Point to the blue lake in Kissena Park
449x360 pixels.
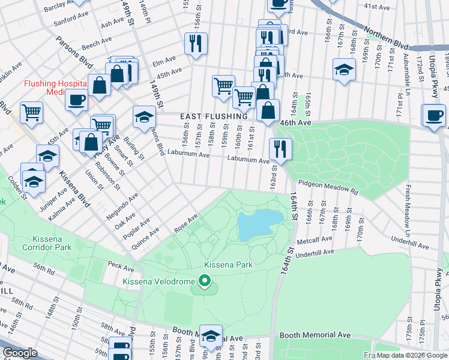pos(259,226)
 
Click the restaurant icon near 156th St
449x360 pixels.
pos(196,44)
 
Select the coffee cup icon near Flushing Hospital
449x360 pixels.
pos(76,100)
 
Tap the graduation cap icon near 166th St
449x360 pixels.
pos(344,69)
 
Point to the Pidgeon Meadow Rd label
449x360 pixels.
pos(328,187)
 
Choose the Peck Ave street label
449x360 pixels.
pos(121,265)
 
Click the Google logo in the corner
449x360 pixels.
pos(20,353)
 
